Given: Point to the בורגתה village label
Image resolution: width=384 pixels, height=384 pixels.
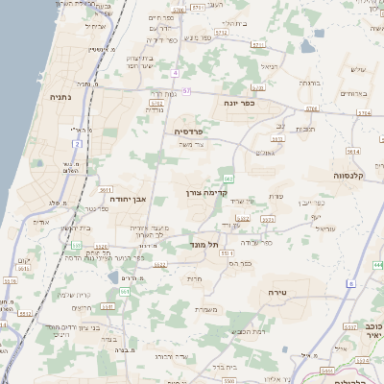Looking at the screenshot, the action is point(310,82).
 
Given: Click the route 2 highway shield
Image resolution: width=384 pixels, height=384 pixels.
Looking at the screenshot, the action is point(77,144).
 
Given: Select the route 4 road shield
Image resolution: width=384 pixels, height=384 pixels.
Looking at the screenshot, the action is point(176,73).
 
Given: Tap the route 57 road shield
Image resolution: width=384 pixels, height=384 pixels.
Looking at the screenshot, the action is point(186,90).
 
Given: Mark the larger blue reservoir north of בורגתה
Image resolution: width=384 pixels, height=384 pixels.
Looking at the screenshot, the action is point(306,45).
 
